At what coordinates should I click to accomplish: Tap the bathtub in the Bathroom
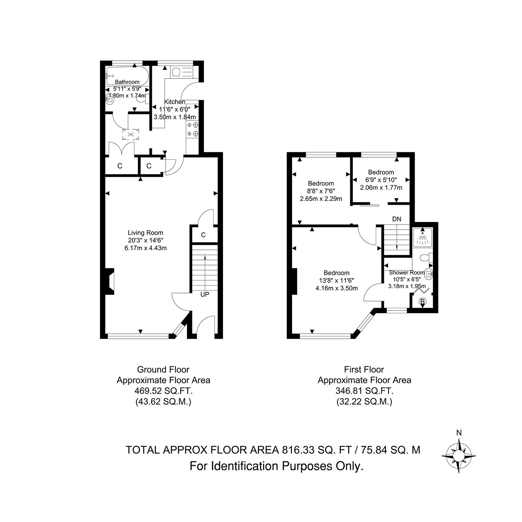pos(127,76)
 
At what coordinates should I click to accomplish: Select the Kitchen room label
pos(174,102)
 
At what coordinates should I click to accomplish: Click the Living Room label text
pos(145,233)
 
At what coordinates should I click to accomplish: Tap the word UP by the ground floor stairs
pos(205,294)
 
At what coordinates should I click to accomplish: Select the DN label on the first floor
pos(397,219)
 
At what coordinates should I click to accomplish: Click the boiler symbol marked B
pos(422,301)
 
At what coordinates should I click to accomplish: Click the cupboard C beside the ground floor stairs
pos(203,235)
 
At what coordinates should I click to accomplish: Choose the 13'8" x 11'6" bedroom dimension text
pos(337,281)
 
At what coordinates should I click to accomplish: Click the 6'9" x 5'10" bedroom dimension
pos(381,180)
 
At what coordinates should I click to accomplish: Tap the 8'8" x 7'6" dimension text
pos(321,191)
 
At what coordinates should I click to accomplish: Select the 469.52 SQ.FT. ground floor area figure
pos(163,391)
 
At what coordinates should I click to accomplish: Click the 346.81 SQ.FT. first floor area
pos(364,391)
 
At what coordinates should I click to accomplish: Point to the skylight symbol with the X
pos(130,134)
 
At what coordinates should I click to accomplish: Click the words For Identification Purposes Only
pos(277,466)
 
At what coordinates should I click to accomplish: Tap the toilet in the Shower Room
pos(425,258)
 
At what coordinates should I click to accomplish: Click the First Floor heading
pos(364,369)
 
